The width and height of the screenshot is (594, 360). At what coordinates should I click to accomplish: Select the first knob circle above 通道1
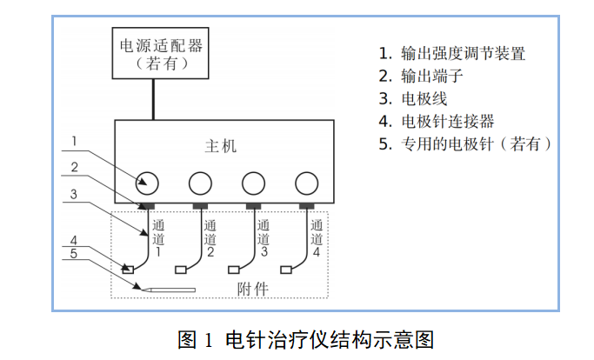(147, 182)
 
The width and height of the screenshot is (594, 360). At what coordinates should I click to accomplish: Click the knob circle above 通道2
(200, 182)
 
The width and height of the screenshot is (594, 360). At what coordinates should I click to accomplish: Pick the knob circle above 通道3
(253, 182)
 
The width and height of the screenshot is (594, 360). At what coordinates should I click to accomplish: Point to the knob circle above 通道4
(306, 182)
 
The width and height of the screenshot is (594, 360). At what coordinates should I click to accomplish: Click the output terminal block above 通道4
(306, 206)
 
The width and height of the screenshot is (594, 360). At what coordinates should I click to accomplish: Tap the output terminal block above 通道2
(200, 206)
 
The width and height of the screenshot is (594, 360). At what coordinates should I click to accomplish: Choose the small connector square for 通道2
(181, 268)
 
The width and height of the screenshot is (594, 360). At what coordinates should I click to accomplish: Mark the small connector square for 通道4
(288, 268)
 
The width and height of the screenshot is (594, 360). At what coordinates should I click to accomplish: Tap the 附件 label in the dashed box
(251, 288)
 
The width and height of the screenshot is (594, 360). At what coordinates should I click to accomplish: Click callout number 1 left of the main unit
(75, 142)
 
